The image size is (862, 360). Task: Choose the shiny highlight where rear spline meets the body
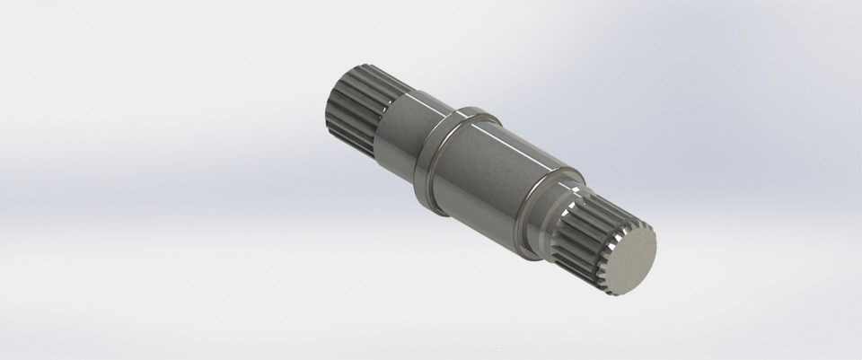pos(395,92)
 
